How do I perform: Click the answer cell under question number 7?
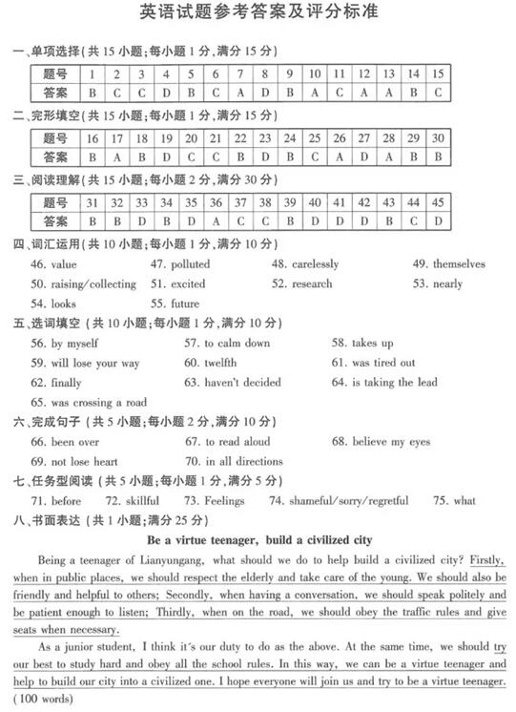tap(240, 93)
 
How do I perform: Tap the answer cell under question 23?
tap(264, 157)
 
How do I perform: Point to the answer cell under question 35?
tap(191, 220)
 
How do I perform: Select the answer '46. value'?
tap(53, 263)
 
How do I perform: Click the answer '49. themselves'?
tap(448, 263)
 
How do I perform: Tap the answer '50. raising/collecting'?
tap(84, 283)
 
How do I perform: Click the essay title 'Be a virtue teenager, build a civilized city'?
tap(259, 539)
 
